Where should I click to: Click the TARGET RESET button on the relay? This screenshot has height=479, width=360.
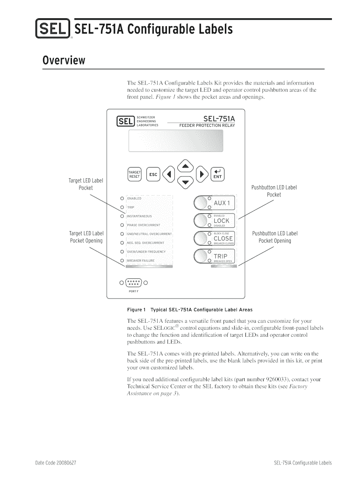(x=135, y=174)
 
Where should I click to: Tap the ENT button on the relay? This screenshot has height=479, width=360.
(x=218, y=174)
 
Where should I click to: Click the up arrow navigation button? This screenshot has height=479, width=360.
(x=186, y=166)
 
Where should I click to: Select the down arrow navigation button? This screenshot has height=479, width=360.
(x=186, y=182)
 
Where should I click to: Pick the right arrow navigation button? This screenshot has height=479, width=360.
(x=202, y=174)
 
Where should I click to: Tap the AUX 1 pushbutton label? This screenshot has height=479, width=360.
(x=222, y=203)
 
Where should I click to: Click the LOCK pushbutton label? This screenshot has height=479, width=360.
(x=222, y=220)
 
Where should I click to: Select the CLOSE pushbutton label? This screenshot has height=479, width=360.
(x=223, y=238)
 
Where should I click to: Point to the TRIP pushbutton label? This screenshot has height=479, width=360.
(x=220, y=256)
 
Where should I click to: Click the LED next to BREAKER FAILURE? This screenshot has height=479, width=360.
(x=122, y=260)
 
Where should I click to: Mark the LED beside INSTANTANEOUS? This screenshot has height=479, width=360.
(x=122, y=216)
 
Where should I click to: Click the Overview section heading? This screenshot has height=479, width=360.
(x=64, y=61)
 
